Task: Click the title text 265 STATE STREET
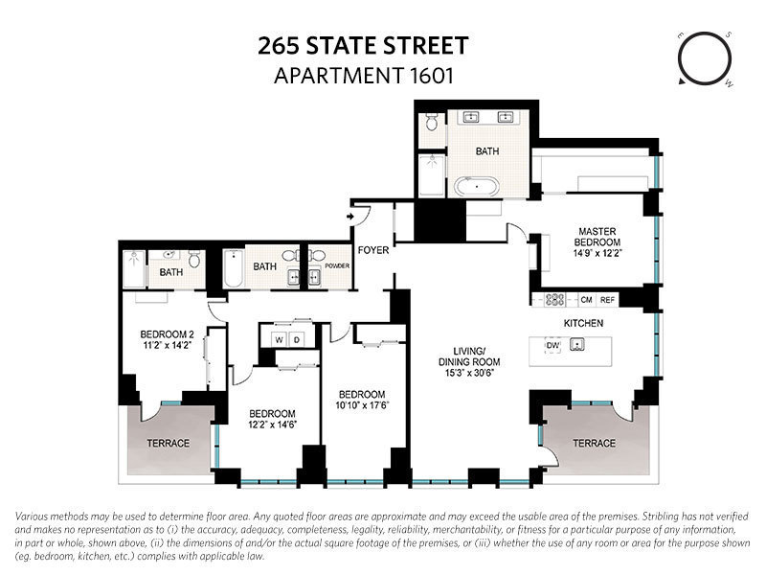pos(363,45)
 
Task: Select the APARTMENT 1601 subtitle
pos(363,75)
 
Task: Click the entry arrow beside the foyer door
pos(351,218)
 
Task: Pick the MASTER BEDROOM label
pos(599,237)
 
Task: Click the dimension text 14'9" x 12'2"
pos(599,254)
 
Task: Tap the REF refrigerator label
pos(608,300)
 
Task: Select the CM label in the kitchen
pos(586,300)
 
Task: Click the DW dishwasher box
pos(552,345)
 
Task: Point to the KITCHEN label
pos(583,323)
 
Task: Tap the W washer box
pos(279,339)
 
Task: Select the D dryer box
pos(296,339)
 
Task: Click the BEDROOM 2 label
pos(161,334)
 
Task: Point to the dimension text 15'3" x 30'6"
pos(471,374)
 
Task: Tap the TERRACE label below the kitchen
pos(594,444)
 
